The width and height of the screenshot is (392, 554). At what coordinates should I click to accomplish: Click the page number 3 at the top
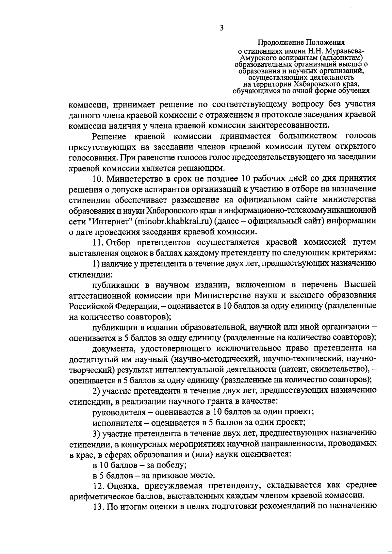221,28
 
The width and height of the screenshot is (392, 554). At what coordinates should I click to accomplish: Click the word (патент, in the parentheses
296,369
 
